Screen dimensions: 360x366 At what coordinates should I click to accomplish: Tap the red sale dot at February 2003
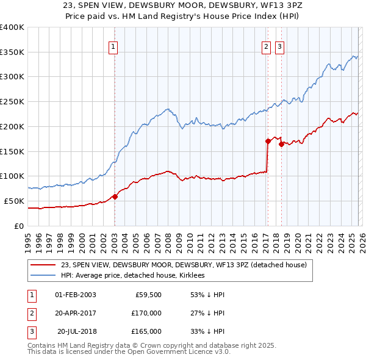point(115,196)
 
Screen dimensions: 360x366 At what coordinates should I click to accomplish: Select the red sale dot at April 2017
point(268,141)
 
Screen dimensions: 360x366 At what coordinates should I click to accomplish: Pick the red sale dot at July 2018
point(281,144)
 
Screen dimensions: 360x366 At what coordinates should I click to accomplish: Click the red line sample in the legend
point(43,265)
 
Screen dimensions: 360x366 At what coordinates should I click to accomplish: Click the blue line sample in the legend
point(43,275)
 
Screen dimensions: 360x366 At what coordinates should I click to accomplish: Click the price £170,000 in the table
point(146,313)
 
